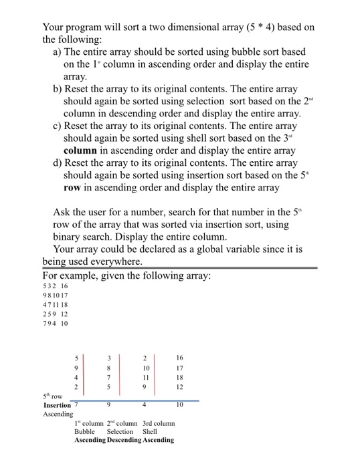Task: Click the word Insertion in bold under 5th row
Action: point(57,405)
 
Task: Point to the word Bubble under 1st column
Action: point(84,431)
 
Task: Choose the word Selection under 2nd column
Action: point(120,431)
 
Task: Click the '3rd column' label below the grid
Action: point(159,423)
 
